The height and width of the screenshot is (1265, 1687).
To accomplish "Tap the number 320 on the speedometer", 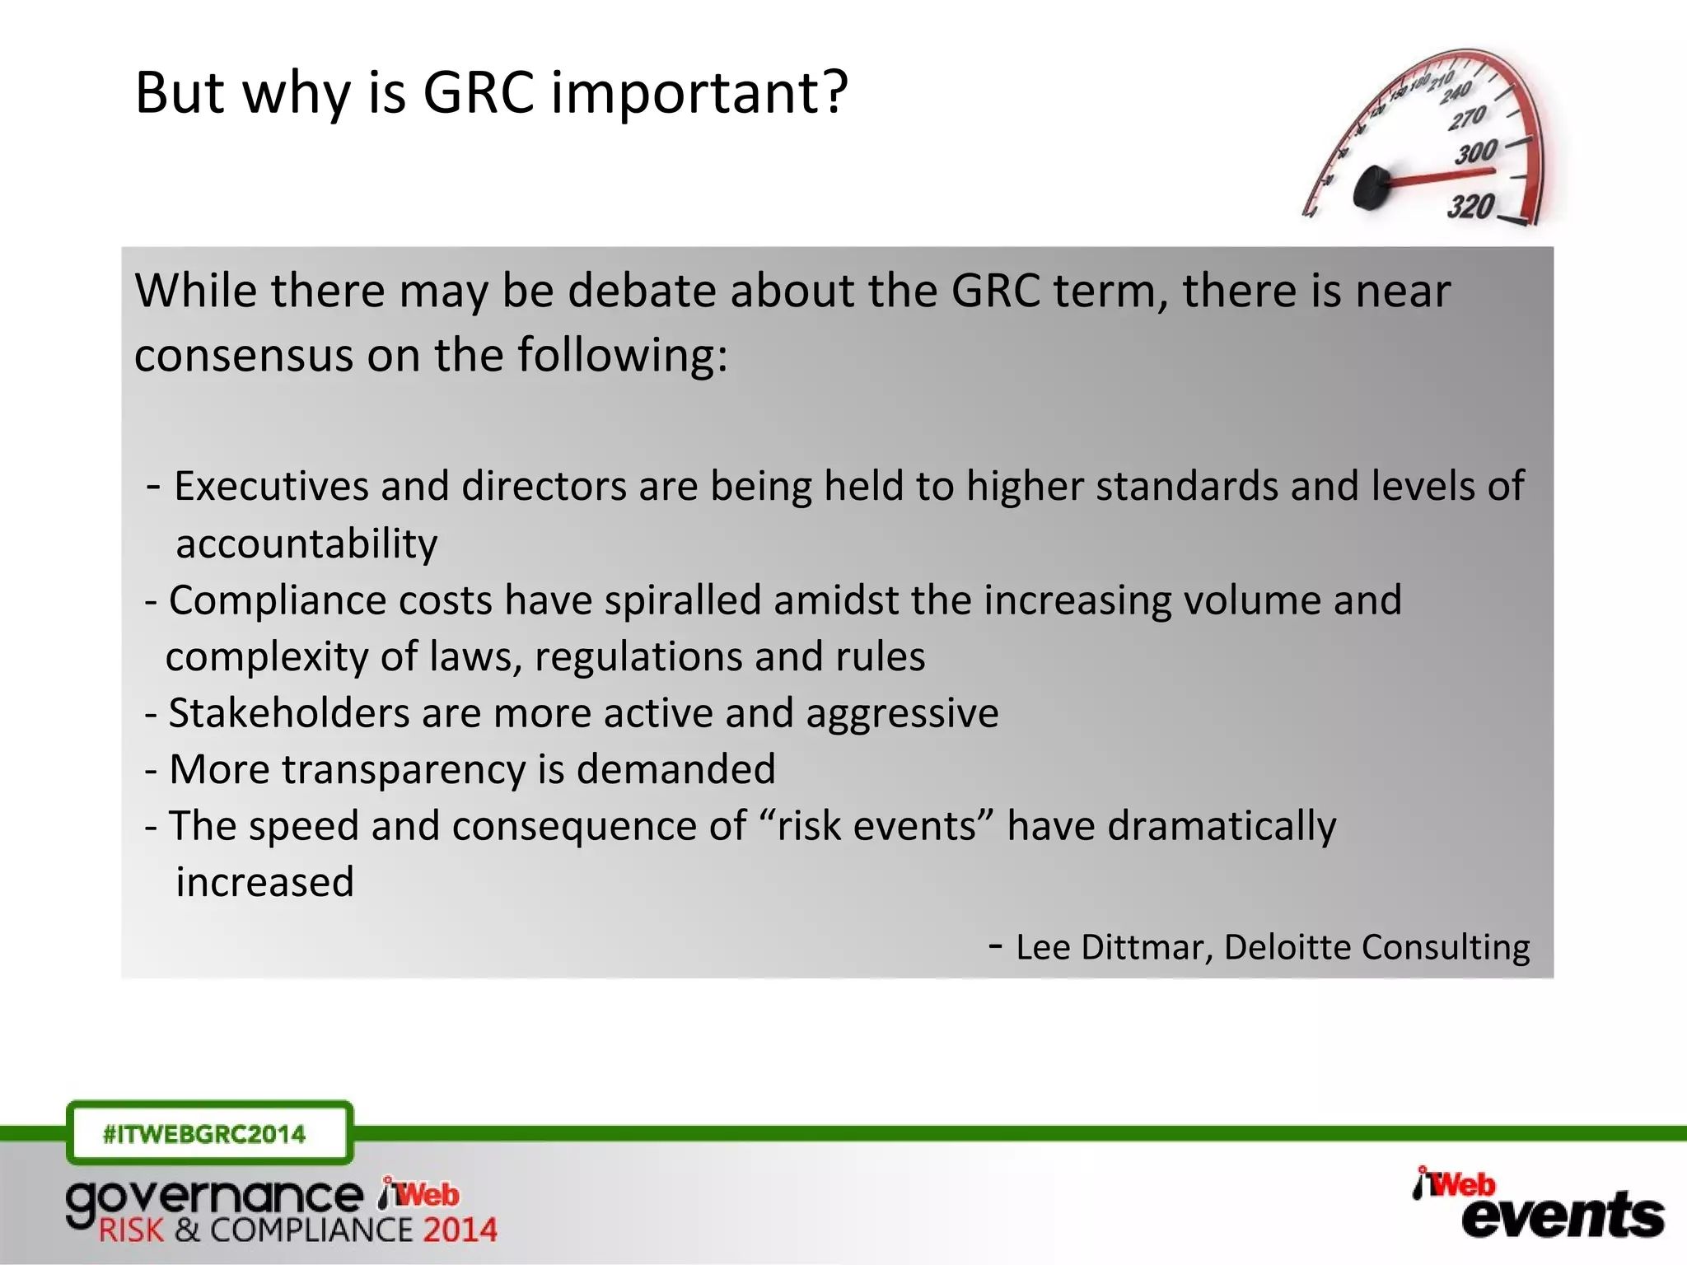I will (1470, 206).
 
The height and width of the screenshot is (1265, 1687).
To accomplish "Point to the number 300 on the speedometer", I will (1476, 153).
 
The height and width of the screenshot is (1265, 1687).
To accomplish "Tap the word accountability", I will (306, 544).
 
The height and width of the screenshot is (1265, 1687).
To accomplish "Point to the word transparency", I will (403, 769).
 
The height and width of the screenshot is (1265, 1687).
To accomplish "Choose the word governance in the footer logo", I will (214, 1198).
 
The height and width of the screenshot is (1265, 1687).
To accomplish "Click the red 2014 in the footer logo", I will (460, 1230).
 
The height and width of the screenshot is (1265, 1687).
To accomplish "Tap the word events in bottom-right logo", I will (1562, 1216).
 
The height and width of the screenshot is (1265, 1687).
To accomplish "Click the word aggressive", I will (902, 713).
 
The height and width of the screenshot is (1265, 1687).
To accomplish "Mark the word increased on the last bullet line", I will (264, 882).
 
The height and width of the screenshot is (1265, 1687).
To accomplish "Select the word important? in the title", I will (699, 92).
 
